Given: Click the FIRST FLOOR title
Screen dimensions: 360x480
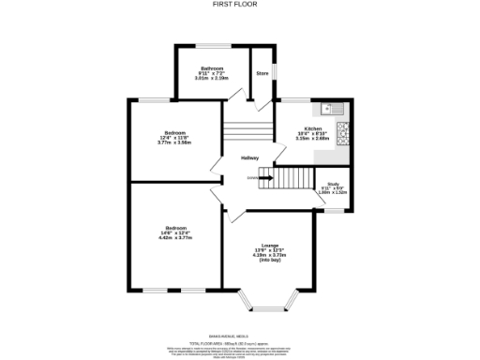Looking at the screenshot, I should pos(239,4).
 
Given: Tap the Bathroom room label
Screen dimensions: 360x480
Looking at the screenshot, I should pos(211,67).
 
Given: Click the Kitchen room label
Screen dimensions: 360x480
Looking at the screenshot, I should pos(312,127).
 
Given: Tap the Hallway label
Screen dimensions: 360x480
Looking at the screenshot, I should pos(248,157).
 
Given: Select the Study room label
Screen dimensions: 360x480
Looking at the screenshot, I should pos(333,184).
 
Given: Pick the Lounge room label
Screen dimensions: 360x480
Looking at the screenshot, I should pos(270,245).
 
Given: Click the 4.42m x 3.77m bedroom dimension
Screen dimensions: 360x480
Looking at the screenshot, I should pos(175,238).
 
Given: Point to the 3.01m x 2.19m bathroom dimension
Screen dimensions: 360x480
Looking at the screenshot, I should pos(212,78).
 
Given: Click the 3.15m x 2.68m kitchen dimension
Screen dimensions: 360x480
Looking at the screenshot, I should pos(312,139).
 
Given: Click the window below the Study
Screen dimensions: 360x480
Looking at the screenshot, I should pos(333,212).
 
